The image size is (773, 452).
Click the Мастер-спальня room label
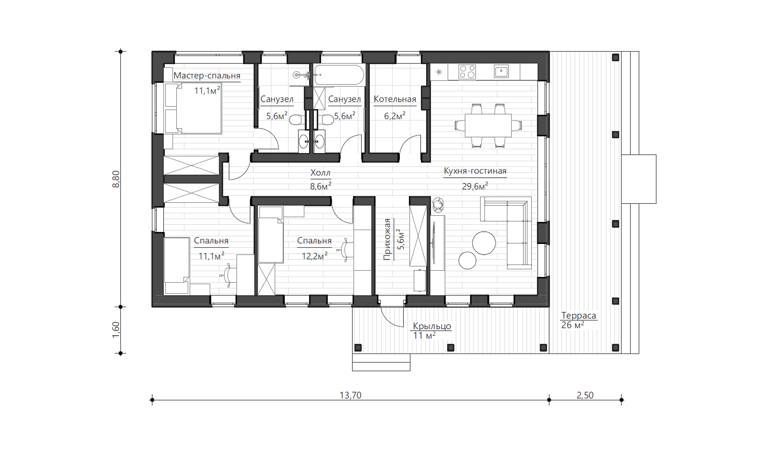(207, 76)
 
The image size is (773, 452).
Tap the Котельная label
(395, 99)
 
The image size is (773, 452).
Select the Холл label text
(320, 173)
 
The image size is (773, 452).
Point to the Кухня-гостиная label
(475, 171)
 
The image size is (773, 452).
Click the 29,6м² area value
(475, 186)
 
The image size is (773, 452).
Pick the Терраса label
(579, 316)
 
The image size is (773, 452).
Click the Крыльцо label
(432, 326)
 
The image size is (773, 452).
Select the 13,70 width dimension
(350, 395)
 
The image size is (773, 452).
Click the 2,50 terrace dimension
(585, 395)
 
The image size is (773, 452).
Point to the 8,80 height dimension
(116, 179)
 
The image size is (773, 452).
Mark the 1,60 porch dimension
(116, 330)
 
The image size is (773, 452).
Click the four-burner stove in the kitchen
(467, 72)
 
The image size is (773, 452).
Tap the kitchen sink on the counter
(501, 72)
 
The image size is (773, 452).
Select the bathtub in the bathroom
(339, 75)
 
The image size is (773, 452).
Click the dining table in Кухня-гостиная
(488, 125)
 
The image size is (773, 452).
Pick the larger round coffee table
(484, 243)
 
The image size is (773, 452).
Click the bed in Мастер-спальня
(193, 108)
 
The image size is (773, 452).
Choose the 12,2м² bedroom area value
(314, 256)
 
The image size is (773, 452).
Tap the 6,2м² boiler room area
(395, 116)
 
